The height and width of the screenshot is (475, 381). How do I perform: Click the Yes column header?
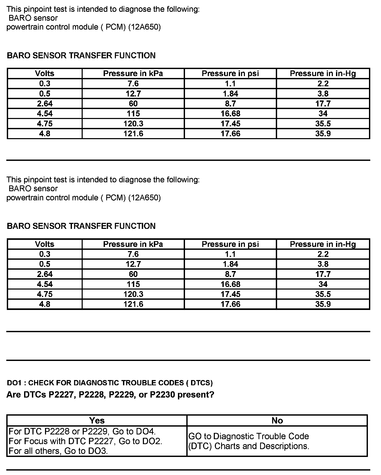[97, 420]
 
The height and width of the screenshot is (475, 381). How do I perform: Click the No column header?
[277, 420]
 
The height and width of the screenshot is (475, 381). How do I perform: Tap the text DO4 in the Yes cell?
[148, 431]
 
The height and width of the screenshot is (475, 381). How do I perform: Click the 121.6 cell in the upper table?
[133, 134]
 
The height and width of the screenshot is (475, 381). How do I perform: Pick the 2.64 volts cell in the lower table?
[45, 274]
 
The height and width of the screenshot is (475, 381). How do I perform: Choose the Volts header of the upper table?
[45, 73]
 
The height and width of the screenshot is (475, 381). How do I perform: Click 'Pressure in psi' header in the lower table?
[230, 244]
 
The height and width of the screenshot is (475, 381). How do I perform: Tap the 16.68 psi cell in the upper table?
[230, 114]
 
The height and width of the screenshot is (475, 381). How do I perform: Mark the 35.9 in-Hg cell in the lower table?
[323, 304]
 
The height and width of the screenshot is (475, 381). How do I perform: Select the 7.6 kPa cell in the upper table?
[133, 83]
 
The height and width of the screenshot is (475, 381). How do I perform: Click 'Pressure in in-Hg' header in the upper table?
[323, 73]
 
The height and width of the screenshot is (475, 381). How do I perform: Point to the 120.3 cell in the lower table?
[133, 294]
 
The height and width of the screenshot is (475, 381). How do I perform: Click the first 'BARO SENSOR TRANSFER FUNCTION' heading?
[81, 55]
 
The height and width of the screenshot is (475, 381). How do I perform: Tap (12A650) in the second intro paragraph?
[144, 197]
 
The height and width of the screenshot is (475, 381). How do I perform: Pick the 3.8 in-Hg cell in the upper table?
[323, 94]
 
